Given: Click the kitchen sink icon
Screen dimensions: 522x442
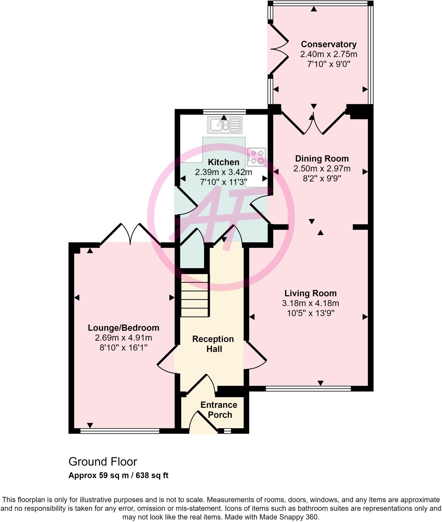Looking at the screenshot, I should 225,125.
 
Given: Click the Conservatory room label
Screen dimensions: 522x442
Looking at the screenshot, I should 329,44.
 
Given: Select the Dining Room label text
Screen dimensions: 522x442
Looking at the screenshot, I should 322,159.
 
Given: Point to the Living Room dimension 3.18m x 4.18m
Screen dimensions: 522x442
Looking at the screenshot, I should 310,303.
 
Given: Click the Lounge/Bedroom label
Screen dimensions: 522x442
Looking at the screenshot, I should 123,328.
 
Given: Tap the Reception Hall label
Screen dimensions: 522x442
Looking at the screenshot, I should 213,344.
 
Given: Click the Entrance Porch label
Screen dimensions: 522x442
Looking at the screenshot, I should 219,410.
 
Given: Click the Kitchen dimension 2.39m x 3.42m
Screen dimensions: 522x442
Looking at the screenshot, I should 223,172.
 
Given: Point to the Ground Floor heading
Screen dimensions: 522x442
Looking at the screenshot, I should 103,462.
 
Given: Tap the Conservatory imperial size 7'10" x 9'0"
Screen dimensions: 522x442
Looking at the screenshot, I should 329,64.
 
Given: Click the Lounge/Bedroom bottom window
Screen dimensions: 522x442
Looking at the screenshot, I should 120,431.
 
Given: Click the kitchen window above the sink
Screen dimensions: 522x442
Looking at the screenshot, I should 224,111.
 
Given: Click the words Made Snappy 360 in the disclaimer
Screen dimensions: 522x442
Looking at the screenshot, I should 288,517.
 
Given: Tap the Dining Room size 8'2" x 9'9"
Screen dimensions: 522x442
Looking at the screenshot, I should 322,178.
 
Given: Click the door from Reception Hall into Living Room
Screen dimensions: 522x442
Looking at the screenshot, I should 255,356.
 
